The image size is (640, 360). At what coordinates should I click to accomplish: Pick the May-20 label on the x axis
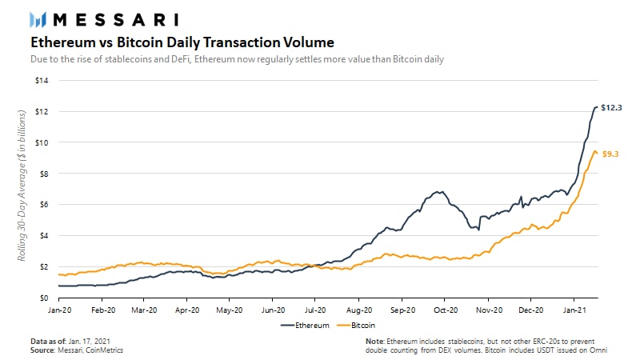click(229, 308)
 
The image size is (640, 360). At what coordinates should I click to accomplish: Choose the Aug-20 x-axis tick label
click(359, 308)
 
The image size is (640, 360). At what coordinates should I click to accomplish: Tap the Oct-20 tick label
click(446, 308)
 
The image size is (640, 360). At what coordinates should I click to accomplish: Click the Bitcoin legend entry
click(362, 326)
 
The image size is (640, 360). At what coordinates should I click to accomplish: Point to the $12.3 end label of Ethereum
click(612, 107)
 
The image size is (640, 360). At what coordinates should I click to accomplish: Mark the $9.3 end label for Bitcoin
click(612, 153)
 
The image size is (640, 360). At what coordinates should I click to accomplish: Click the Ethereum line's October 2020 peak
click(438, 192)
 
